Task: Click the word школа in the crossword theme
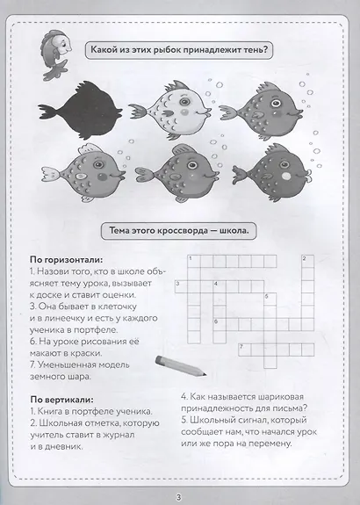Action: tap(228, 232)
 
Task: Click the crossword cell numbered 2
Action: tap(306, 261)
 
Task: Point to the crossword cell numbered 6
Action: tap(218, 324)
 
